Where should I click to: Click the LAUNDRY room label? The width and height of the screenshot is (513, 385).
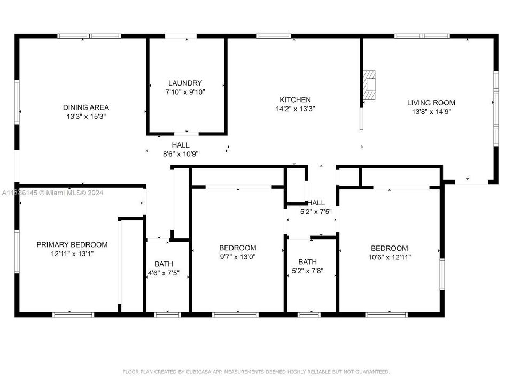(185, 83)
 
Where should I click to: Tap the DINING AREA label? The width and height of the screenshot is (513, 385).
(85, 107)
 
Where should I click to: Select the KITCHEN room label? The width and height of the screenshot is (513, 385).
(295, 99)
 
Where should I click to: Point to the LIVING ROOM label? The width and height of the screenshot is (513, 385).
(431, 103)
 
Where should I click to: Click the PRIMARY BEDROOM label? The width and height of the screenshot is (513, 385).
(72, 244)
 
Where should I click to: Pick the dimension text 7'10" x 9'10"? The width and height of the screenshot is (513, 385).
(185, 92)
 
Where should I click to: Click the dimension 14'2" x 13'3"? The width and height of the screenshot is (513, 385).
(295, 109)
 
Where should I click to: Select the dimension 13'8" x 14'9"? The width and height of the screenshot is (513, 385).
(431, 112)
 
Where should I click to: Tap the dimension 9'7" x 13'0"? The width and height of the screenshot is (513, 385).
(237, 257)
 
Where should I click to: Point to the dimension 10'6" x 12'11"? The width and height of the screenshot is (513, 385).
(389, 257)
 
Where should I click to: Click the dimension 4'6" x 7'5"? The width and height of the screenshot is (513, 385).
(164, 273)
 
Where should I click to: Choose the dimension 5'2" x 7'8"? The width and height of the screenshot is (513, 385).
(307, 271)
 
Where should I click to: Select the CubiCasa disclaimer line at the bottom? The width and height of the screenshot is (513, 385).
(256, 371)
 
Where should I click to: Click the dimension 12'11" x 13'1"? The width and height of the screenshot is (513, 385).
(72, 253)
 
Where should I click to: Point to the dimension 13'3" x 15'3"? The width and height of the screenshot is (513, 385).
(85, 116)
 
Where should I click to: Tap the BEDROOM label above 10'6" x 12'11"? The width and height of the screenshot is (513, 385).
(389, 248)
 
